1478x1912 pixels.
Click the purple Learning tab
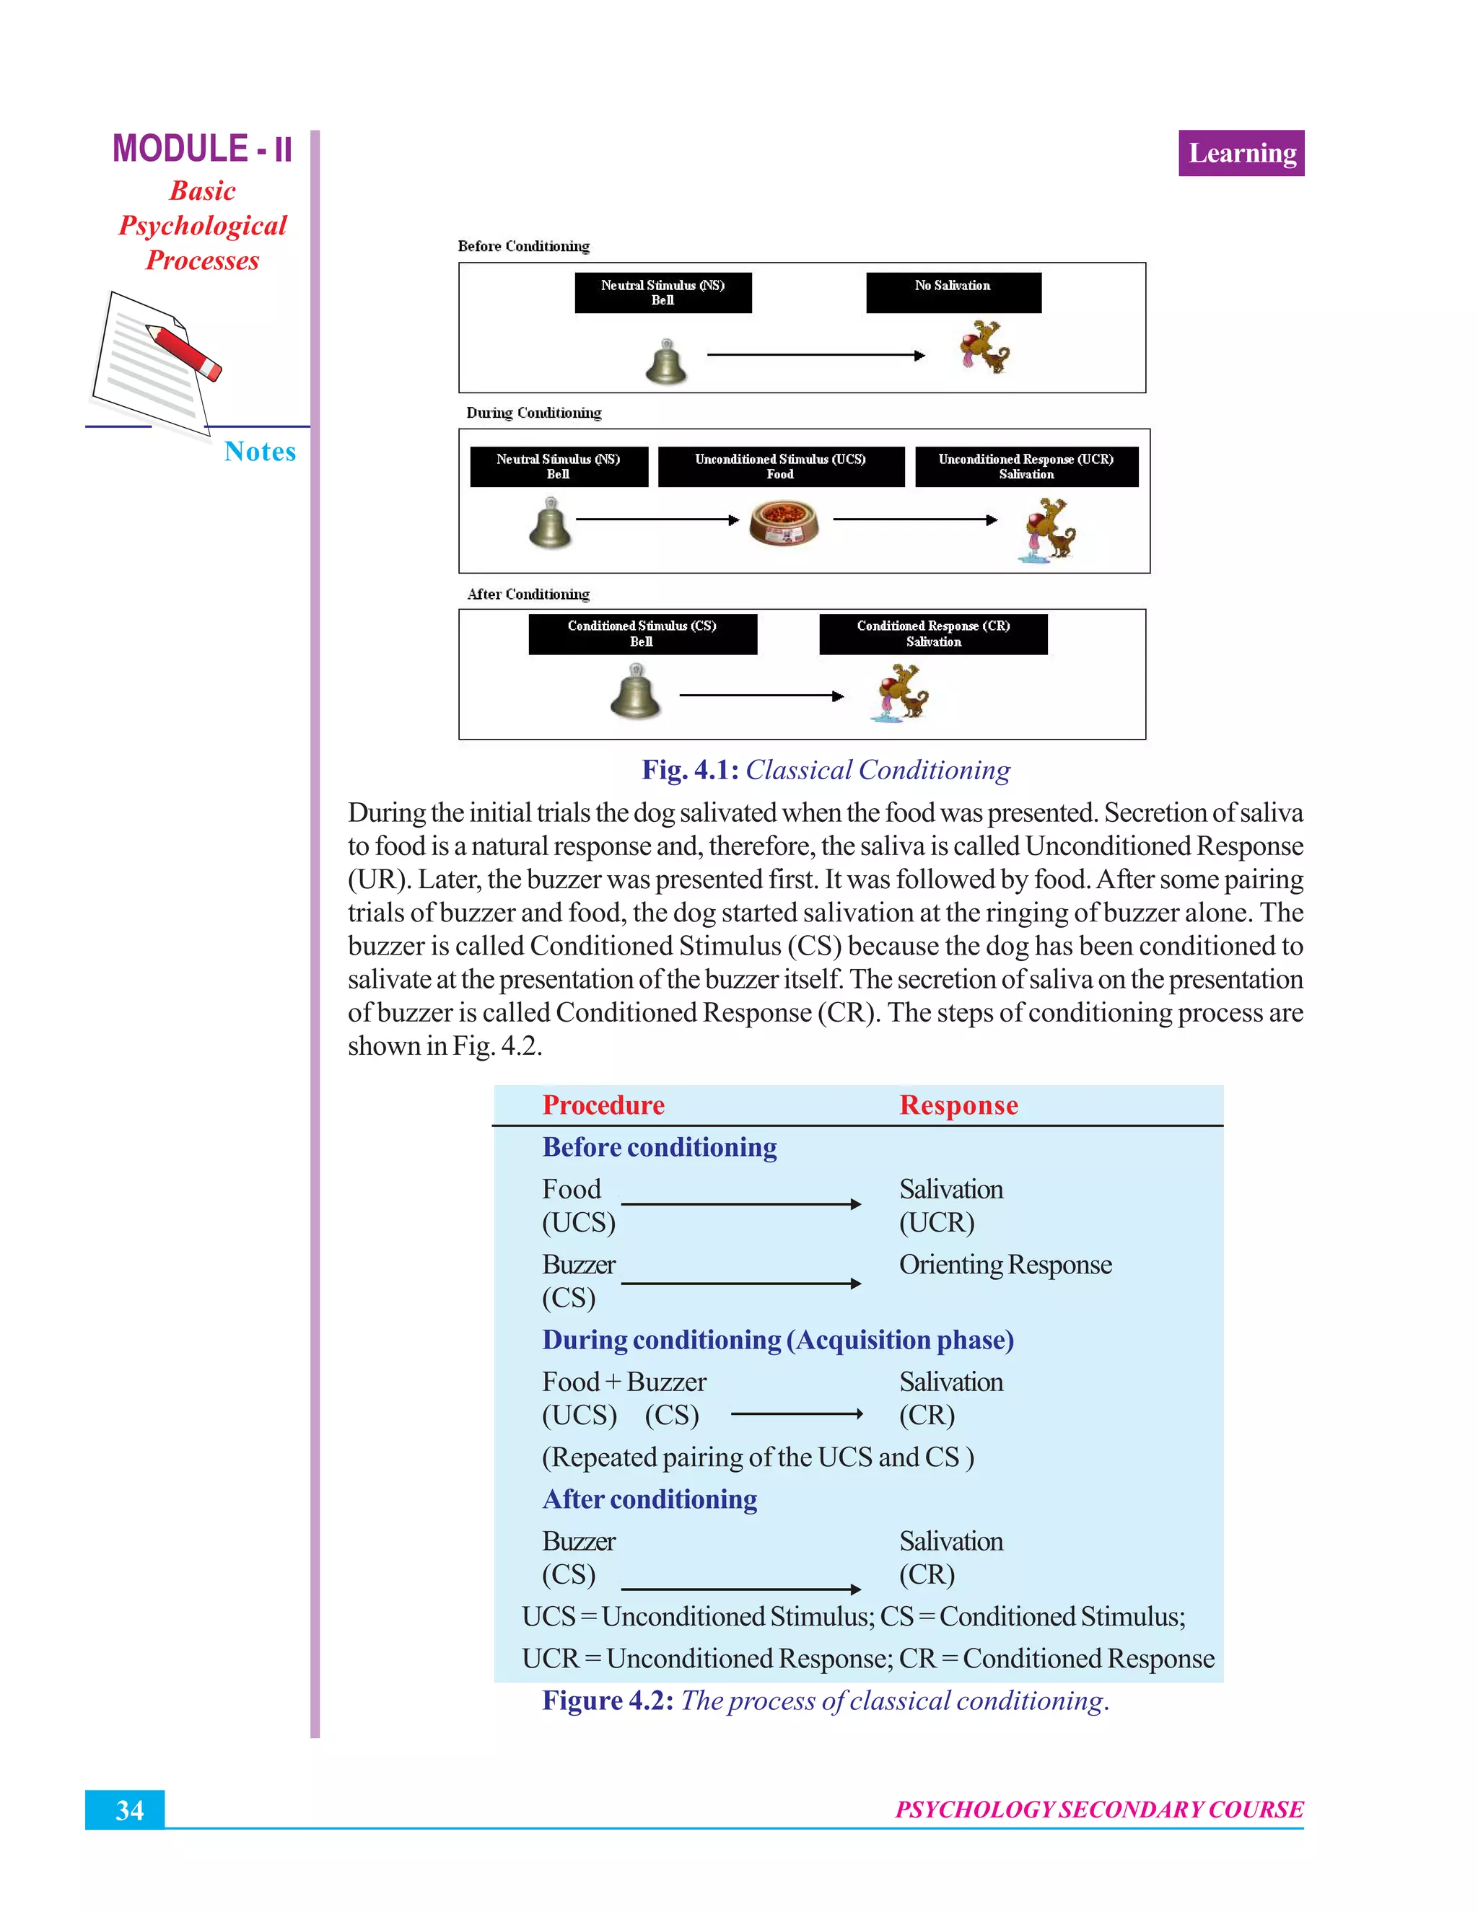(x=1241, y=153)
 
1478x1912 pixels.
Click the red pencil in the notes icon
(x=185, y=352)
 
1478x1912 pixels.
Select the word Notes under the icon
(x=260, y=452)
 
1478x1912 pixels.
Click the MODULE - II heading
(x=202, y=149)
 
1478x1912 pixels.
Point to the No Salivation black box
(x=953, y=291)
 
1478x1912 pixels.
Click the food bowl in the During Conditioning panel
(x=784, y=522)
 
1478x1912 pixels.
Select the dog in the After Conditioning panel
(x=902, y=692)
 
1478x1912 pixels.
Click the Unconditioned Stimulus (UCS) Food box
(x=780, y=467)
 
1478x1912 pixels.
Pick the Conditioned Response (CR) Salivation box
(x=932, y=633)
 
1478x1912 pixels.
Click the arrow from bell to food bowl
(x=657, y=520)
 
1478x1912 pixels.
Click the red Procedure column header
(x=603, y=1105)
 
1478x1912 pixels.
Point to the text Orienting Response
(x=1005, y=1265)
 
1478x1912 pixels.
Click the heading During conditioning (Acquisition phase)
(x=777, y=1341)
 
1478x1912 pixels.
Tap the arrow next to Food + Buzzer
(x=796, y=1414)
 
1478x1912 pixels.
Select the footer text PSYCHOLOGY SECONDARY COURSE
(x=1099, y=1810)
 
